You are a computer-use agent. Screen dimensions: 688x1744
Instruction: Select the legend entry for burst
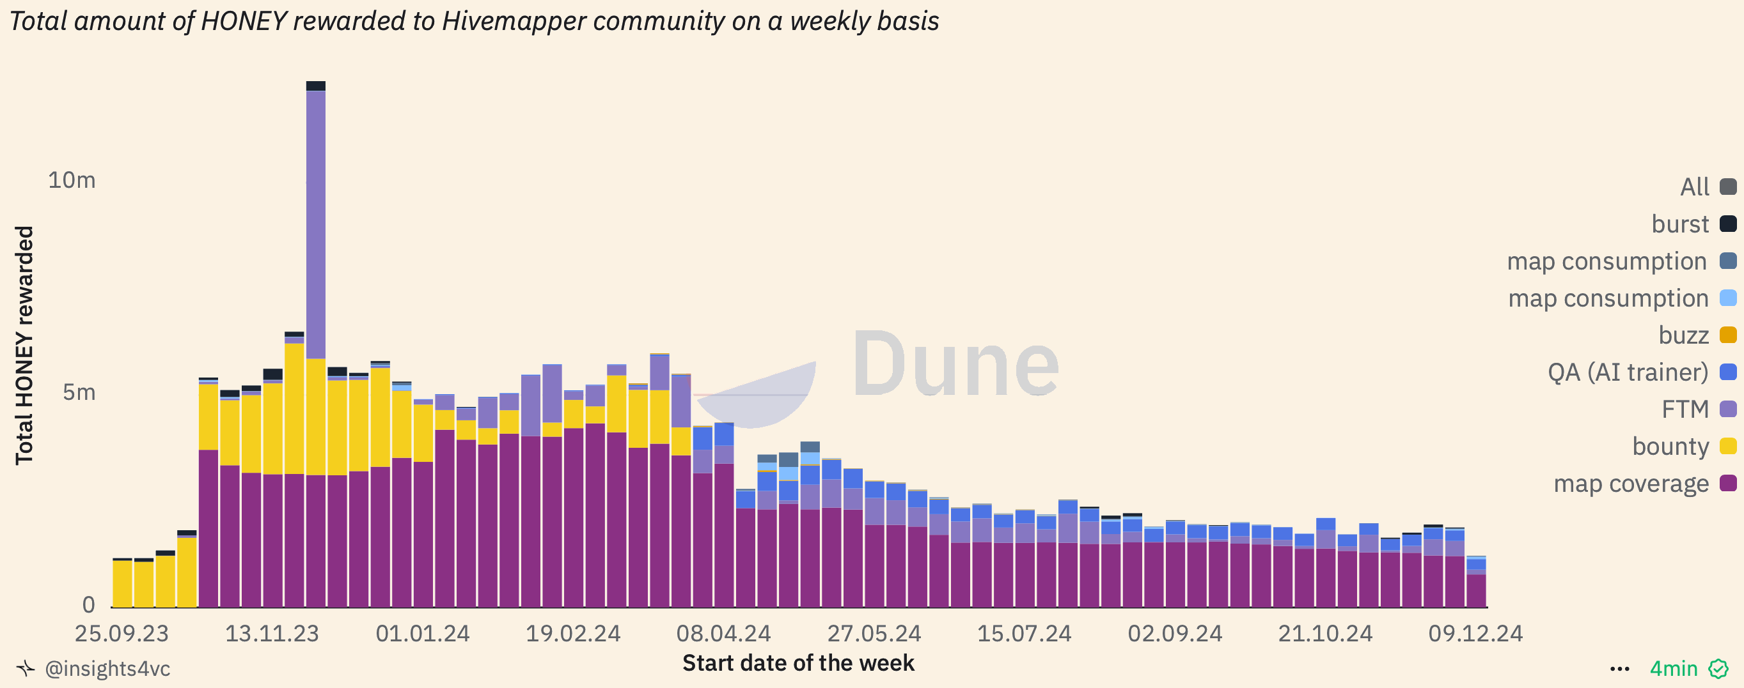pyautogui.click(x=1693, y=224)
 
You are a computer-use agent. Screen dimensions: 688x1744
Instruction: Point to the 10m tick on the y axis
pyautogui.click(x=71, y=180)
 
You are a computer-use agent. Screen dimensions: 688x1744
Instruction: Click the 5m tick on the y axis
pyautogui.click(x=79, y=392)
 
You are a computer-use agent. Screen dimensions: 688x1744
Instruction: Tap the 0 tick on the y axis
pyautogui.click(x=88, y=604)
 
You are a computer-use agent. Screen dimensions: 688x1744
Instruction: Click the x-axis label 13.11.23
pyautogui.click(x=272, y=634)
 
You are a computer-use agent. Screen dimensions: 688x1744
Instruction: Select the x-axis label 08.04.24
pyautogui.click(x=723, y=634)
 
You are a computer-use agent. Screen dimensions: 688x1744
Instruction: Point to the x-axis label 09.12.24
pyautogui.click(x=1475, y=634)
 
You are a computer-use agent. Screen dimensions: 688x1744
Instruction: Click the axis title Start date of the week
pyautogui.click(x=797, y=663)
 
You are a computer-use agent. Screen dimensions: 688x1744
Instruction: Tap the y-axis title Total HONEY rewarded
pyautogui.click(x=24, y=345)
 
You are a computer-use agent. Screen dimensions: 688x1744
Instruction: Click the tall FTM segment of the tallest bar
pyautogui.click(x=315, y=223)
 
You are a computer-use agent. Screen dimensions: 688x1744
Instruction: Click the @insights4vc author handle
pyautogui.click(x=107, y=669)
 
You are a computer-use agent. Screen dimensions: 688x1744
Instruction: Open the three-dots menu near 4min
pyautogui.click(x=1619, y=669)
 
